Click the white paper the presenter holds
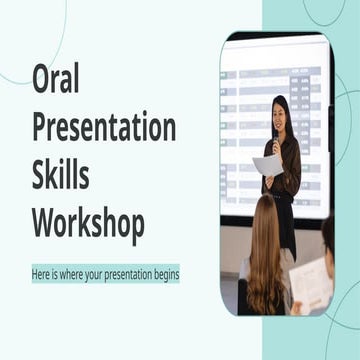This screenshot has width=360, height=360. [267, 166]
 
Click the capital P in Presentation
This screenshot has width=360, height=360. [39, 128]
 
